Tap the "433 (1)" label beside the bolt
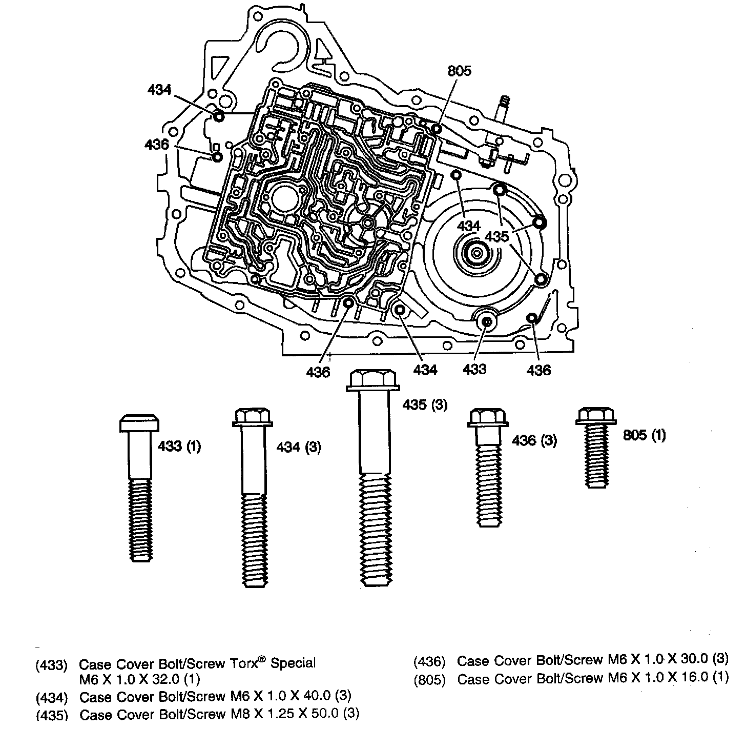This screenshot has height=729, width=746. click(179, 447)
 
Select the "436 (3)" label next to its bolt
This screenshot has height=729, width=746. click(534, 440)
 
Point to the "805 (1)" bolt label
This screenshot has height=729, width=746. click(644, 435)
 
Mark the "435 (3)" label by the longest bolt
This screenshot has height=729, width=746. click(425, 405)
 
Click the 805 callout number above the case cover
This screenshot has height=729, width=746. click(459, 71)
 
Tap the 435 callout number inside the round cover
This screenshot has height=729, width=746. click(497, 236)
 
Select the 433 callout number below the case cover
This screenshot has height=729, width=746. click(474, 369)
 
